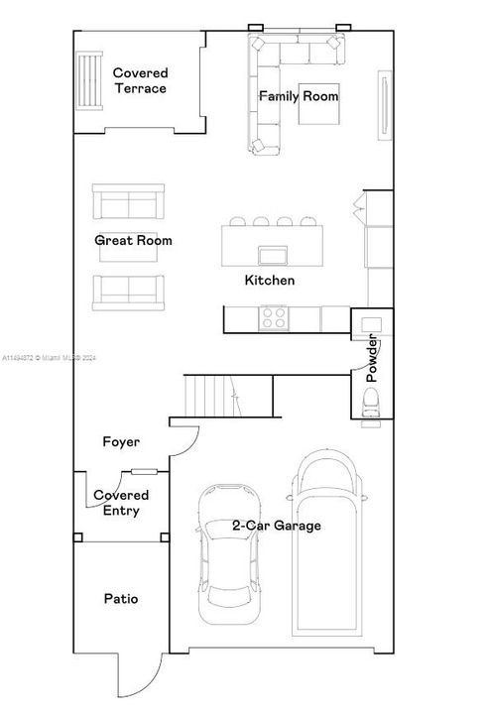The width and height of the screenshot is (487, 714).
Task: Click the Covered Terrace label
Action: (140, 80)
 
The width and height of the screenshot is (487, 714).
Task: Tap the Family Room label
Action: (299, 96)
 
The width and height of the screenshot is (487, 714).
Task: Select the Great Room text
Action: (133, 240)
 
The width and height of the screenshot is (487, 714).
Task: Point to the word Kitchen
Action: (270, 280)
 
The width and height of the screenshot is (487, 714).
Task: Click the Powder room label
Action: (372, 358)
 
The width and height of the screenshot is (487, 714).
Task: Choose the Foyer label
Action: (121, 441)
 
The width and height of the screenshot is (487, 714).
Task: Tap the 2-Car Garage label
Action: (277, 526)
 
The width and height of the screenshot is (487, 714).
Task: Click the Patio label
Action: (121, 598)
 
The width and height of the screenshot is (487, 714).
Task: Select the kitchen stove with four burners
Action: (274, 318)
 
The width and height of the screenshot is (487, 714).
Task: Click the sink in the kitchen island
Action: (273, 256)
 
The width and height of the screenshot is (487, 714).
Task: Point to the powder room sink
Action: (371, 324)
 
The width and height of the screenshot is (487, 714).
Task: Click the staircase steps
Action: (212, 396)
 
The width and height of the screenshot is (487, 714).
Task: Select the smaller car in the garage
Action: (229, 554)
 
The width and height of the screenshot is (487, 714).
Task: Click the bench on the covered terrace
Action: (89, 81)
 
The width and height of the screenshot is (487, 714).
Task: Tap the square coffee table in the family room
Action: (319, 104)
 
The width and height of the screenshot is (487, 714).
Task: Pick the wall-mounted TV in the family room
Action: (385, 105)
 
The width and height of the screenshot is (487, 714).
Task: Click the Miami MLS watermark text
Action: (50, 358)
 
